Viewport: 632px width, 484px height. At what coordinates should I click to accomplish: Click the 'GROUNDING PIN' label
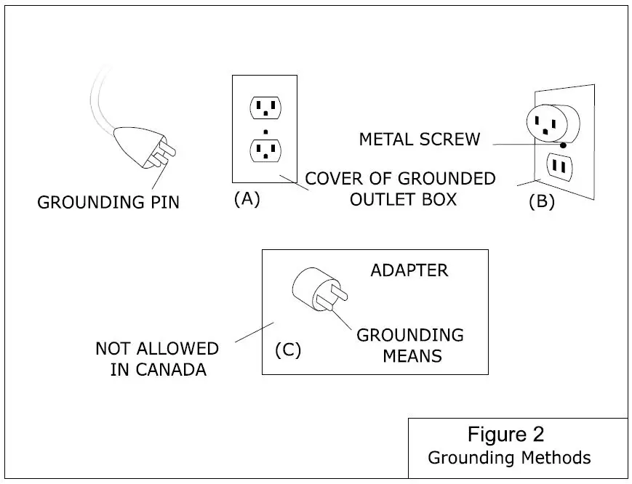108,202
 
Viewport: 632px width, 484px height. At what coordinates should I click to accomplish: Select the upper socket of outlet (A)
265,108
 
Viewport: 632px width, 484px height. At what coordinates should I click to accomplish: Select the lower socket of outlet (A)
265,150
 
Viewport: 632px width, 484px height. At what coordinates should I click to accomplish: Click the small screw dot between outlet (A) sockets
265,131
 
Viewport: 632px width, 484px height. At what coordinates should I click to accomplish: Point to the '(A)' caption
247,199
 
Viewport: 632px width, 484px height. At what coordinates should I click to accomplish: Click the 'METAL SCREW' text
420,140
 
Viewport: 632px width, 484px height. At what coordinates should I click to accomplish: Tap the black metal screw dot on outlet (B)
564,145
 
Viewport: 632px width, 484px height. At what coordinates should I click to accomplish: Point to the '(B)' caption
541,202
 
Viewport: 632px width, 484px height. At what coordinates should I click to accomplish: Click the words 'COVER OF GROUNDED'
400,179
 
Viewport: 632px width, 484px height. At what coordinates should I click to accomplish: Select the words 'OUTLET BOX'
403,199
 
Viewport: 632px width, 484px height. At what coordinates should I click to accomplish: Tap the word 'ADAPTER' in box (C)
409,270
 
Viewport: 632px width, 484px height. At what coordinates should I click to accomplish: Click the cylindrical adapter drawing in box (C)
314,290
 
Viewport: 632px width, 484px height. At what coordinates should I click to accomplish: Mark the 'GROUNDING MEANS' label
409,345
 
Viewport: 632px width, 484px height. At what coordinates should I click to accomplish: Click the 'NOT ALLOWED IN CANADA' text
156,359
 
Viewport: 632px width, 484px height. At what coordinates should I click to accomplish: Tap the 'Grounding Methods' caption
509,458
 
